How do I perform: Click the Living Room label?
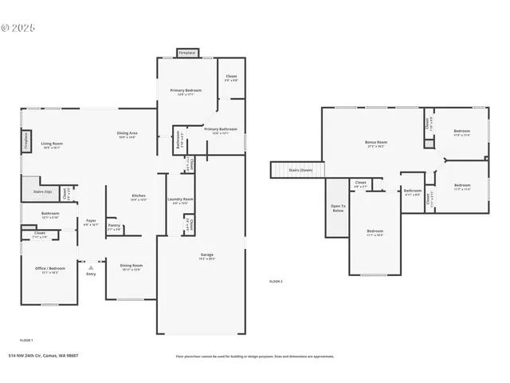tap(53, 144)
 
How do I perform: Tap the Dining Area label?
tap(127, 133)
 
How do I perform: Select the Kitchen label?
tap(138, 196)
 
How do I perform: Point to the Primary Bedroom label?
tap(185, 91)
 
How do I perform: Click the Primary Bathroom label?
tap(216, 129)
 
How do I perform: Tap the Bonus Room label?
tap(375, 142)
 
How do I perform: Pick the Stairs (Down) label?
tap(300, 170)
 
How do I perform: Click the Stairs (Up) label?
tap(42, 191)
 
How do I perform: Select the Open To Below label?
tap(337, 208)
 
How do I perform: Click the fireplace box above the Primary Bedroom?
tap(187, 53)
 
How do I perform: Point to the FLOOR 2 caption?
tap(276, 282)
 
